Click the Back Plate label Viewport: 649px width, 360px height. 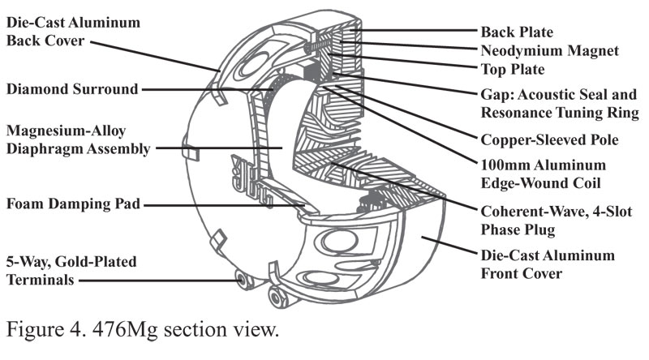[517, 32]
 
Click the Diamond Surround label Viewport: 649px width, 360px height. [71, 88]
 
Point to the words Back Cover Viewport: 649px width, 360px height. [46, 41]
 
